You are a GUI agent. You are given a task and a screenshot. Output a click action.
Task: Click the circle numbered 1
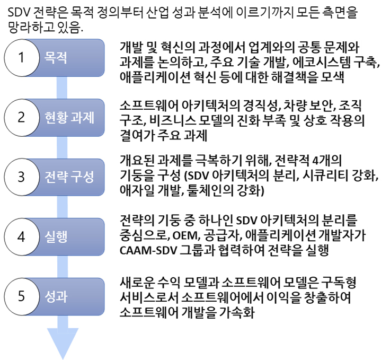coord(22,58)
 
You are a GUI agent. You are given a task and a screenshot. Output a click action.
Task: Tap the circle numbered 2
coord(22,117)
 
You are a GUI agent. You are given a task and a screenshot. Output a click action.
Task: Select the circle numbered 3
coord(22,177)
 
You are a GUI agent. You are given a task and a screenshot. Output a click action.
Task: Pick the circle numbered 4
coord(22,236)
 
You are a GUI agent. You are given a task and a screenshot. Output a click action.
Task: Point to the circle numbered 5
coord(22,296)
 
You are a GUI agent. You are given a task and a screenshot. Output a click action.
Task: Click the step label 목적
coord(56,58)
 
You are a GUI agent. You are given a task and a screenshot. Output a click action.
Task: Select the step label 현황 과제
coord(69,117)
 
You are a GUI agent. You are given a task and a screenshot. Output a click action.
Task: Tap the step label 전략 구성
coord(69,177)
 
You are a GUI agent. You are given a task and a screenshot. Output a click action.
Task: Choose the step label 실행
coord(56,237)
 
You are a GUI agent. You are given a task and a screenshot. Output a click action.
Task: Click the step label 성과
coord(56,296)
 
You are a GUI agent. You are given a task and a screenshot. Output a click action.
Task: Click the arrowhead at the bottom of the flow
coord(63,344)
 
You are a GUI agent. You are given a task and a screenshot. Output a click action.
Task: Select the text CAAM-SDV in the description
coord(148,250)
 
